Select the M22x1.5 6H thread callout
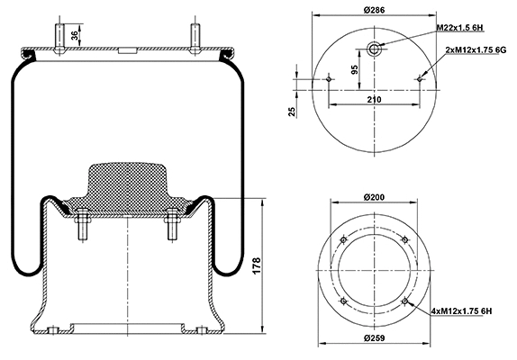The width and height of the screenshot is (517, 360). [461, 29]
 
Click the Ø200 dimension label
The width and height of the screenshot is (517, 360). [375, 196]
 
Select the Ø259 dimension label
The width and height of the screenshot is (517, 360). [375, 337]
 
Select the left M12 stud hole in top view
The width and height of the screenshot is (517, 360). [330, 80]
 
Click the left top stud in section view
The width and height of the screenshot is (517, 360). [63, 35]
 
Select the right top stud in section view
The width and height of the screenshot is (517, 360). [194, 35]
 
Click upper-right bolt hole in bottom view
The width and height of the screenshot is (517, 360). [405, 238]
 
